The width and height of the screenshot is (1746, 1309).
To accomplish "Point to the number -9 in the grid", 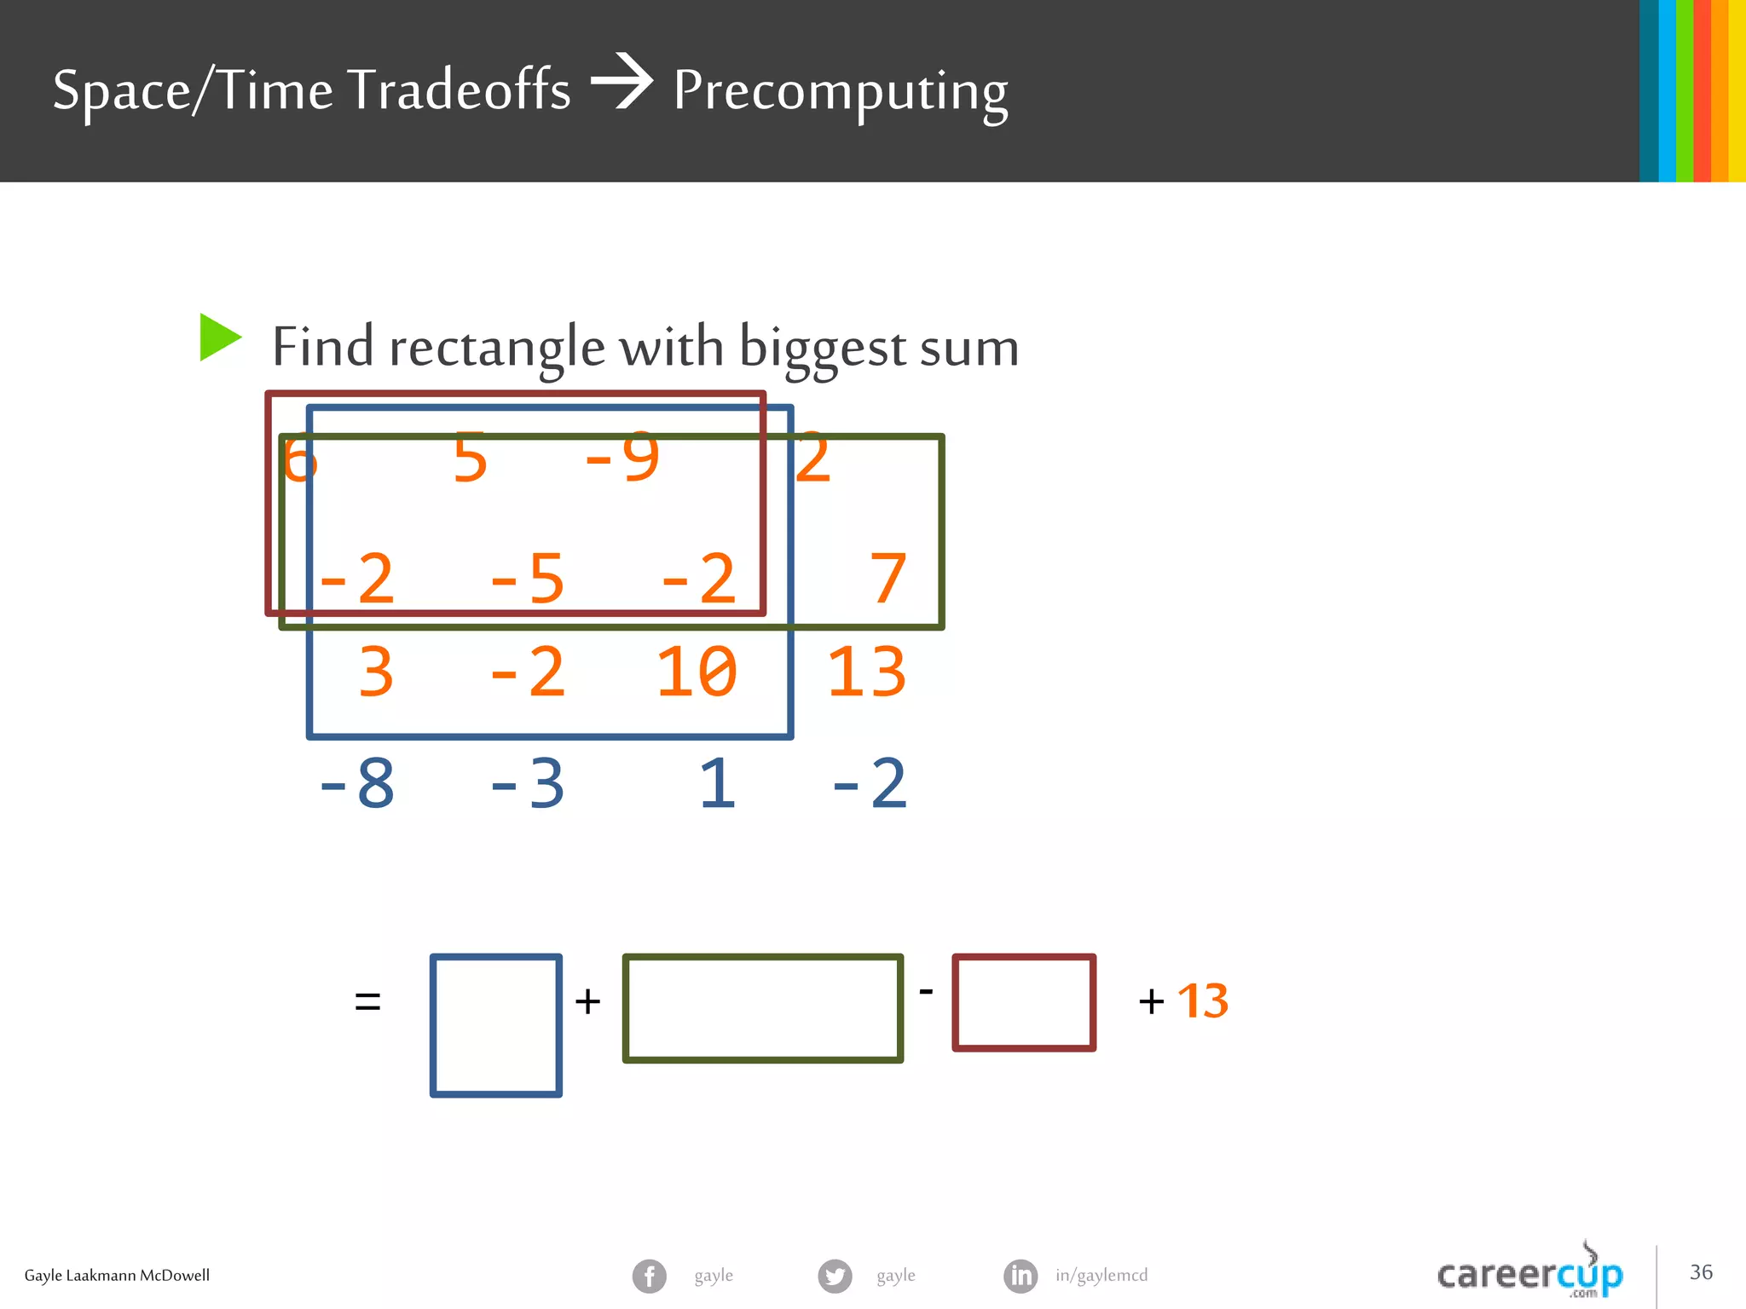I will [x=622, y=458].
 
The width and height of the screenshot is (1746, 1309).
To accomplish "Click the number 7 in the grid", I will [x=887, y=579].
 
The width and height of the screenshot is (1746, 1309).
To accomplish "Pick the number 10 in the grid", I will [x=696, y=672].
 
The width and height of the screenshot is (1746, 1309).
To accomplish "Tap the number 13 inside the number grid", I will [x=866, y=672].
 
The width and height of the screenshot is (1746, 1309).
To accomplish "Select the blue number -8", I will [x=356, y=784].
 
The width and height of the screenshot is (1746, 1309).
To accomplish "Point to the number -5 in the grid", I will [x=527, y=579].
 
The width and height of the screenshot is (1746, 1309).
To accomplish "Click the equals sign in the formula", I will [x=367, y=1001].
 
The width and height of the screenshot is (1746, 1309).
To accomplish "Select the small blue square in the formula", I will [x=496, y=1025].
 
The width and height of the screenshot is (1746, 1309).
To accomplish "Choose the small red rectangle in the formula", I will [x=1024, y=1002].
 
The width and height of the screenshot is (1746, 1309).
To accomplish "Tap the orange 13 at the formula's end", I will [x=1203, y=1001].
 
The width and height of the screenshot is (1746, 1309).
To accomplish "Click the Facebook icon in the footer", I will [x=650, y=1276].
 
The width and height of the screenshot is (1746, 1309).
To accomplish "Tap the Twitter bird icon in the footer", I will [x=835, y=1276].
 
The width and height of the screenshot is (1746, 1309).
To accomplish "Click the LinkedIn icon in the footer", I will [x=1020, y=1276].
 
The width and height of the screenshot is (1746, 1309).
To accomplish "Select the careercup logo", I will [x=1530, y=1273].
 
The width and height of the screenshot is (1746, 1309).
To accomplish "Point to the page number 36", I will [x=1701, y=1272].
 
